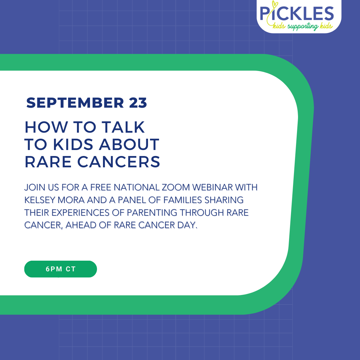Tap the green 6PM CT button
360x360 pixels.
(61, 269)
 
